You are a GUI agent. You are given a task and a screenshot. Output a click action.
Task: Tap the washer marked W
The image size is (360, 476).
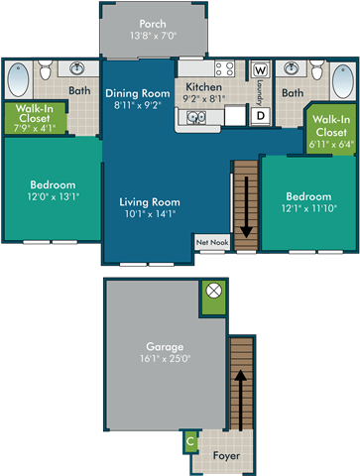(261, 71)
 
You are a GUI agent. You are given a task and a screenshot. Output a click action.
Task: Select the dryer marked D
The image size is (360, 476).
(261, 116)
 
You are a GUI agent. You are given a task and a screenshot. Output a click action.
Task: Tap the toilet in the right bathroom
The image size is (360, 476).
(316, 69)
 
